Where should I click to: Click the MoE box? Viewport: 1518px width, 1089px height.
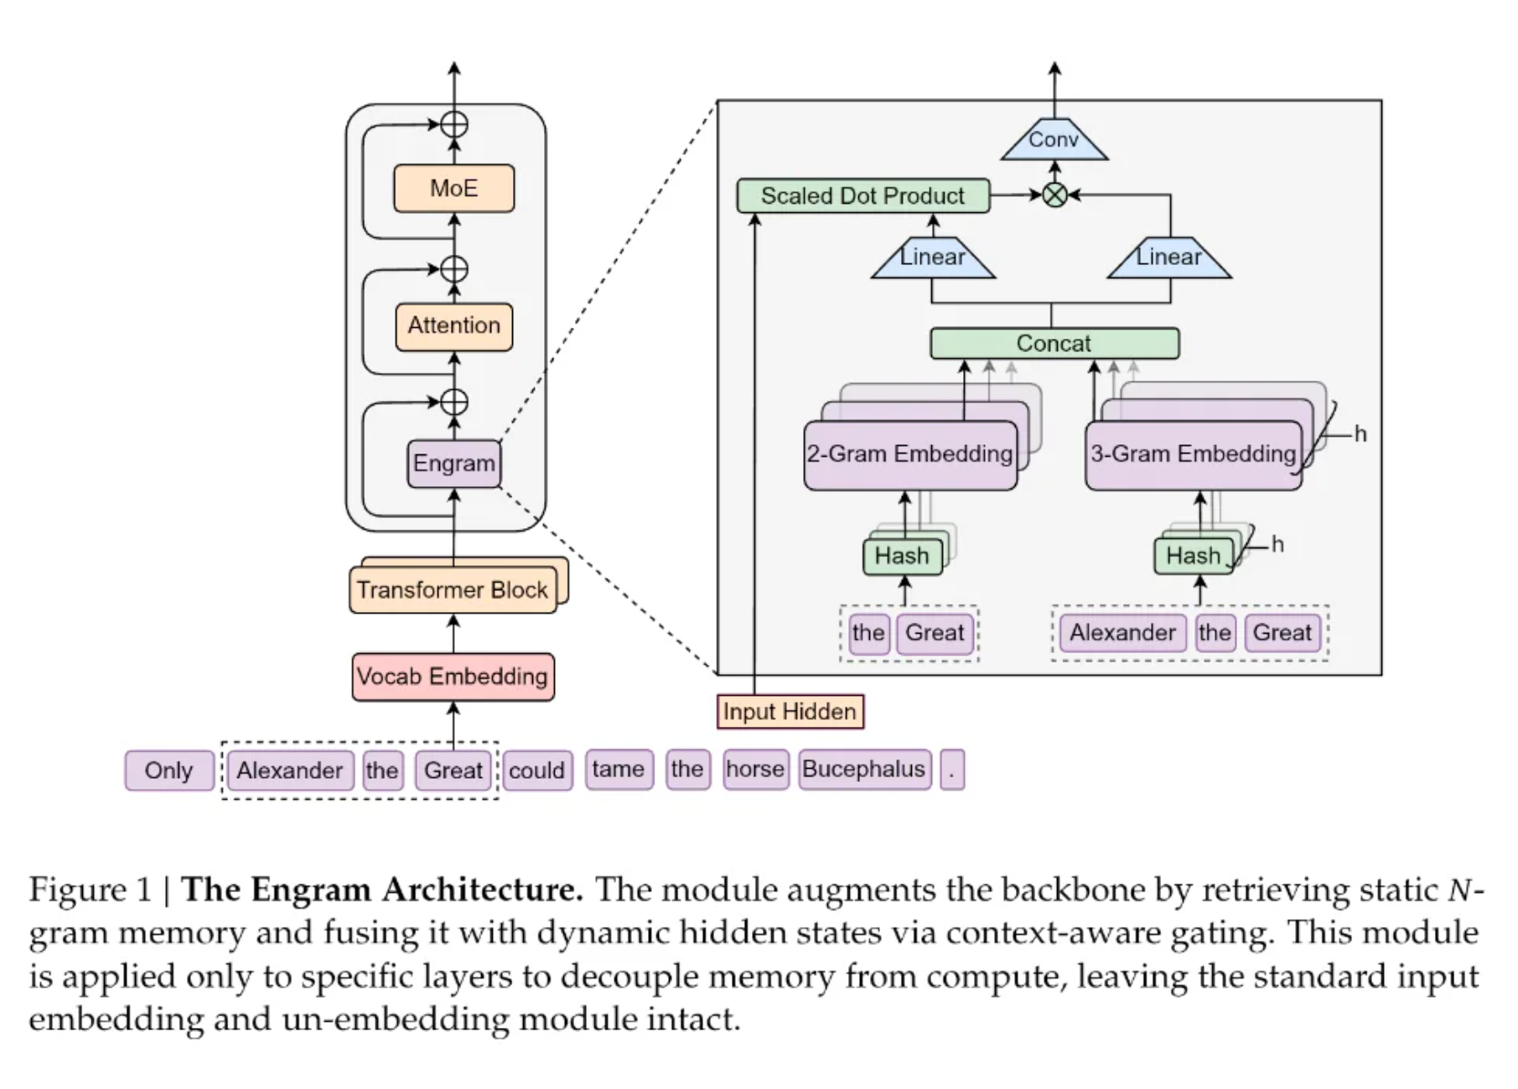[x=453, y=188]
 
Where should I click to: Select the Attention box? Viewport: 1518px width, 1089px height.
[x=453, y=325]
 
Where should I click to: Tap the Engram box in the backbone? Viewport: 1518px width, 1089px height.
[x=453, y=463]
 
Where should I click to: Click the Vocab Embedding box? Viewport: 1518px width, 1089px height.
[x=453, y=677]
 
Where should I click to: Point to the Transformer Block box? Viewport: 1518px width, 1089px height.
[x=453, y=590]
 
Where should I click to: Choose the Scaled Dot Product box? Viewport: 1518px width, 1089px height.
[x=863, y=196]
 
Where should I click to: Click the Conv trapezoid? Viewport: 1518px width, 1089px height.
[x=1054, y=140]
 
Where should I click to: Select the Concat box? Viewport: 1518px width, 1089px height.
[x=1054, y=344]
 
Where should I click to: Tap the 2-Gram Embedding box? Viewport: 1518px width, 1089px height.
[x=909, y=454]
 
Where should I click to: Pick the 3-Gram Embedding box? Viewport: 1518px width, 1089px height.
[x=1193, y=454]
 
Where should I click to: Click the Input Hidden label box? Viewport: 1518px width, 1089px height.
[x=790, y=712]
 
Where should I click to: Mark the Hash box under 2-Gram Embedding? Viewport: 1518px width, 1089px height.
[x=902, y=556]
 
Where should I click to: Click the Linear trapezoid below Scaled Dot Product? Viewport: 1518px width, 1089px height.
[x=933, y=257]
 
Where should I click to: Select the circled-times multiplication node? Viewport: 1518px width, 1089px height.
[x=1054, y=195]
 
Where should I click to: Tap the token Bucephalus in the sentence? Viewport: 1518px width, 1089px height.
[x=863, y=770]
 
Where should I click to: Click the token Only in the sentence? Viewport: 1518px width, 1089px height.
[x=168, y=770]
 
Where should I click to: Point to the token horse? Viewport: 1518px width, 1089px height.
[x=755, y=770]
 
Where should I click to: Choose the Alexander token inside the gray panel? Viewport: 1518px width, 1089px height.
[x=1122, y=633]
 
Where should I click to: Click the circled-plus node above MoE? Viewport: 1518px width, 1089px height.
[x=454, y=125]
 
